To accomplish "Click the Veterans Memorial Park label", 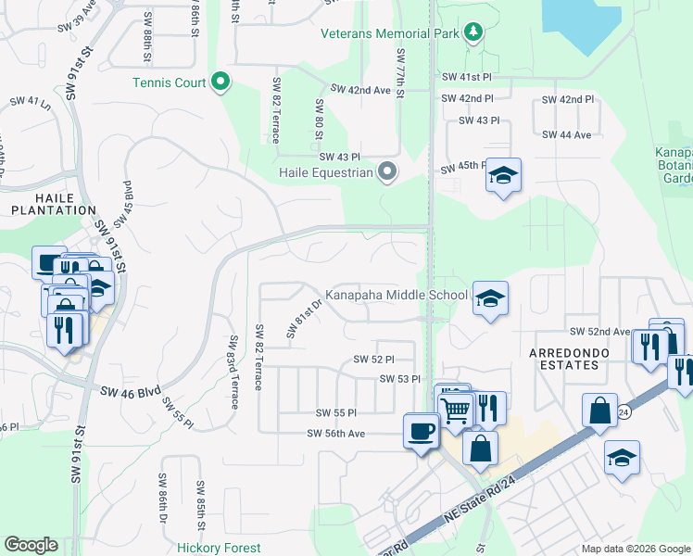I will pos(390,33).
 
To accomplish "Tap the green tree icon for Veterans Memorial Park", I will pos(473,32).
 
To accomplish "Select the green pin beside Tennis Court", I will pos(220,83).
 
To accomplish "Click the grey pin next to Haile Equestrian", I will pos(387,171).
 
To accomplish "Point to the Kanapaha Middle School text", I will pos(396,295).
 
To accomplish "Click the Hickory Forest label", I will pos(219,548).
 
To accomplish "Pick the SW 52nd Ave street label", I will pos(599,331).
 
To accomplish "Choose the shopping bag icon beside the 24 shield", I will pos(599,411).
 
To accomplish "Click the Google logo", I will pos(31,545).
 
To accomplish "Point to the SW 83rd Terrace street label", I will pos(233,372).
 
